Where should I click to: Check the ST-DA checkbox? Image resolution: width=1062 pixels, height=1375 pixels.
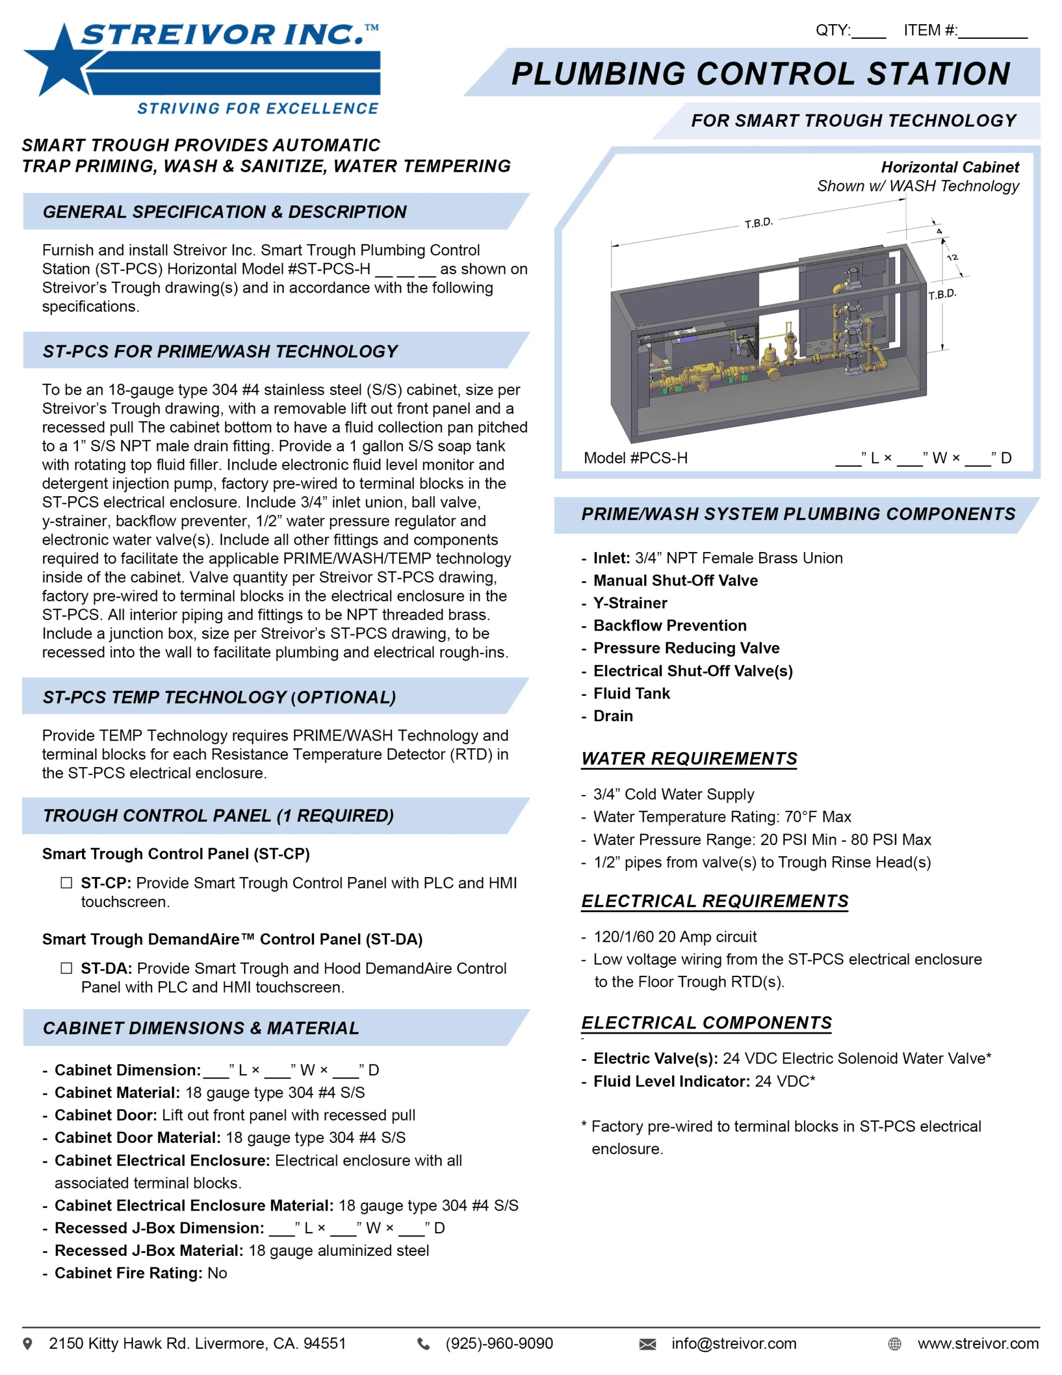click(x=66, y=968)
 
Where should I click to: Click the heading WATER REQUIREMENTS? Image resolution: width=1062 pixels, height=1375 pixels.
click(x=689, y=758)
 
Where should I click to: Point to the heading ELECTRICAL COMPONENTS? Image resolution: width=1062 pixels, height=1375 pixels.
click(x=707, y=1023)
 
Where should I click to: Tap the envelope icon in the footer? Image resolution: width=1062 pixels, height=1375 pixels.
click(x=647, y=1344)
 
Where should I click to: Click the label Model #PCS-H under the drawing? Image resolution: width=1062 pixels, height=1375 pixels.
click(x=635, y=458)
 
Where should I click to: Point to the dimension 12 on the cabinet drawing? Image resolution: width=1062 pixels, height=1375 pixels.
click(x=952, y=257)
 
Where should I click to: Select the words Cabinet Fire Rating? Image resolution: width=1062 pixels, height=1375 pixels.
click(x=128, y=1273)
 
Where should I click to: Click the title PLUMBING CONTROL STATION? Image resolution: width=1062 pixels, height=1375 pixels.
click(x=760, y=74)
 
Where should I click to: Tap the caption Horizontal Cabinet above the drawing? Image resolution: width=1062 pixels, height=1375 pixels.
click(x=949, y=168)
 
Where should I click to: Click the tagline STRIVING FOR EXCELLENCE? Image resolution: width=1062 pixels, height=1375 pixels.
click(x=258, y=109)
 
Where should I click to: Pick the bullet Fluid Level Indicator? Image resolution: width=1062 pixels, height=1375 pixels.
click(x=671, y=1082)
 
